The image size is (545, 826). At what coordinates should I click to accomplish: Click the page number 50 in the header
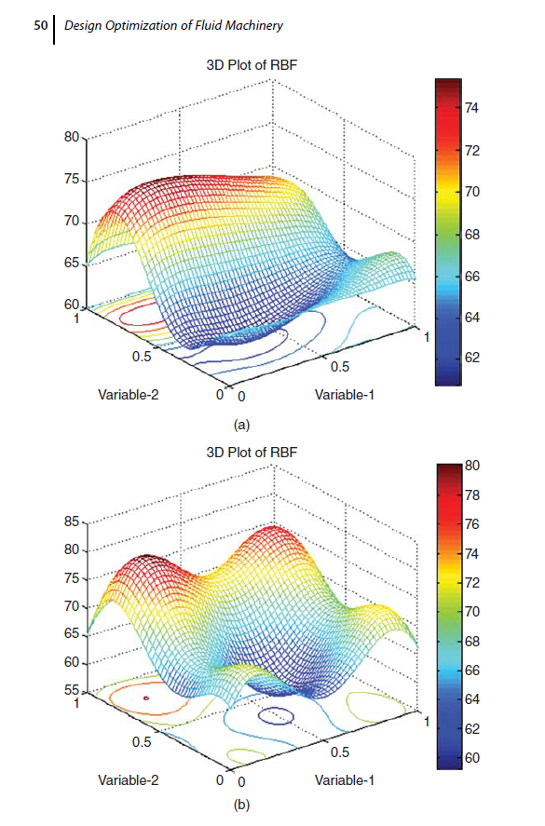pos(41,27)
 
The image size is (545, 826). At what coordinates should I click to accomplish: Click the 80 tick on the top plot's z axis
pos(71,138)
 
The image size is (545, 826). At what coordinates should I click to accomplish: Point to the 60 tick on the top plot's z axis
pos(71,305)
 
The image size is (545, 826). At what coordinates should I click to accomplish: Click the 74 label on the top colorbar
pos(472,109)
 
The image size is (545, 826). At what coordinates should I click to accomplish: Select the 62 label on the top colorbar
pos(472,358)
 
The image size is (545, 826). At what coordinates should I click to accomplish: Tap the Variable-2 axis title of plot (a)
pos(129,395)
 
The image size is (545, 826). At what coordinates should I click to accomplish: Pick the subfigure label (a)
pos(242,425)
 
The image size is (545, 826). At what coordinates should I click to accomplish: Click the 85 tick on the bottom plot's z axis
pos(71,522)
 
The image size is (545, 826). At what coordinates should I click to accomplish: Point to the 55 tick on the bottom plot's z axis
pos(71,692)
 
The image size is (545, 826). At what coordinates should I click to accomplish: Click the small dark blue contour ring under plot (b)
pos(276,716)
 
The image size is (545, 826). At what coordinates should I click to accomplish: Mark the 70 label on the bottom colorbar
pos(474,612)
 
